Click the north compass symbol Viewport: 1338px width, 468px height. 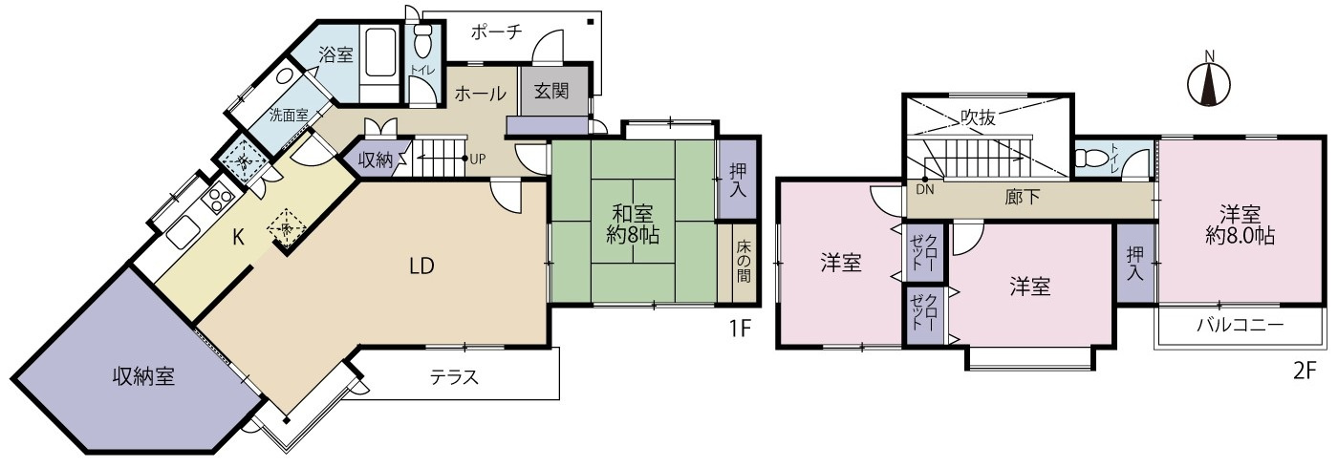(x=1208, y=84)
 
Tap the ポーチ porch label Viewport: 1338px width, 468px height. (x=495, y=32)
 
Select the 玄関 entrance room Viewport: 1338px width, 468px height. (x=550, y=93)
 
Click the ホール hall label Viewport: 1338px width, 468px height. (x=480, y=93)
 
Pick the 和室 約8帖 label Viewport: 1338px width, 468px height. (x=632, y=223)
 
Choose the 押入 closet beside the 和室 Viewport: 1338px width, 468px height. (x=738, y=181)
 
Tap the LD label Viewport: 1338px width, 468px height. (x=421, y=266)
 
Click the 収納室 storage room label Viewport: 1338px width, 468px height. (x=140, y=376)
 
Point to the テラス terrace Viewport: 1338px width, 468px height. (x=454, y=377)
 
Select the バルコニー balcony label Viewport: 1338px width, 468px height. (x=1240, y=326)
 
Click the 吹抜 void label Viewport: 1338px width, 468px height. (x=979, y=117)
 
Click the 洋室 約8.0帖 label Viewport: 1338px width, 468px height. (x=1239, y=225)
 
